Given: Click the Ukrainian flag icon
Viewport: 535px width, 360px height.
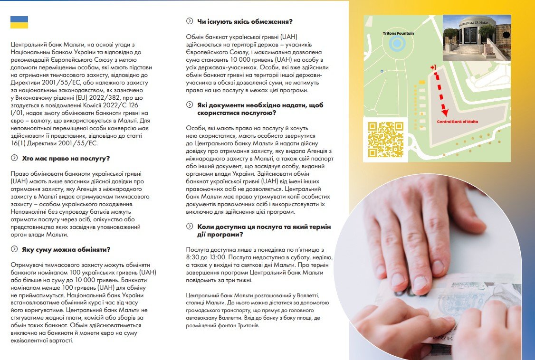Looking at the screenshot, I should [x=19, y=22].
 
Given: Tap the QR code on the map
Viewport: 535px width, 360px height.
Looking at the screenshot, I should [x=386, y=139].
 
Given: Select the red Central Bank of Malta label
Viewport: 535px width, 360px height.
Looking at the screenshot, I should [x=457, y=122].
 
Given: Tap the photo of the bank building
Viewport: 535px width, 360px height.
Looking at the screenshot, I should [x=477, y=38].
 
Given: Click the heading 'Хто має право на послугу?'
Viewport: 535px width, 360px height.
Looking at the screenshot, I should [x=66, y=158].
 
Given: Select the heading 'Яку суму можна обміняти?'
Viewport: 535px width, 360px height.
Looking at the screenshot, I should [x=66, y=249].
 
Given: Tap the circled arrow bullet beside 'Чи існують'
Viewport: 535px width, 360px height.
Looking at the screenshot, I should [x=190, y=21].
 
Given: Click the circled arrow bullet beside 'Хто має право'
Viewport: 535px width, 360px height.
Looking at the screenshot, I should [x=14, y=158].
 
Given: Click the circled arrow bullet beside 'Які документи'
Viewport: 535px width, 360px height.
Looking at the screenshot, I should [x=190, y=105].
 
